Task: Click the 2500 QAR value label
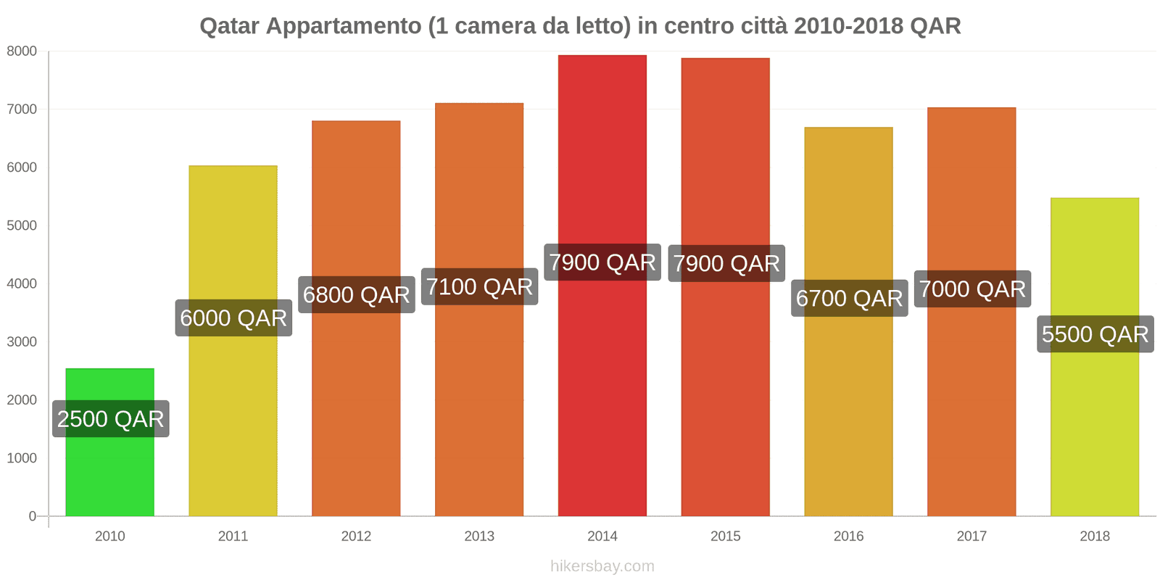pos(110,419)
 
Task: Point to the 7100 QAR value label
pos(479,287)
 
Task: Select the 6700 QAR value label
pos(849,299)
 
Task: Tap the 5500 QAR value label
pos(1095,334)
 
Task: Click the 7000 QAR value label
pos(972,289)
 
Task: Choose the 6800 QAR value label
pos(356,295)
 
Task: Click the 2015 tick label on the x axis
pos(725,536)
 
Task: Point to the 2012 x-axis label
pos(356,536)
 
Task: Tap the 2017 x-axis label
pos(971,536)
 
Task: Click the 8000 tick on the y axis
pos(22,51)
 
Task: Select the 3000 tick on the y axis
pos(22,342)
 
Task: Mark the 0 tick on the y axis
pos(32,516)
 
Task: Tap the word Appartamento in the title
pos(343,26)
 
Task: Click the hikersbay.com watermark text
pos(602,566)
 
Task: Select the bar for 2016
pos(848,406)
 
